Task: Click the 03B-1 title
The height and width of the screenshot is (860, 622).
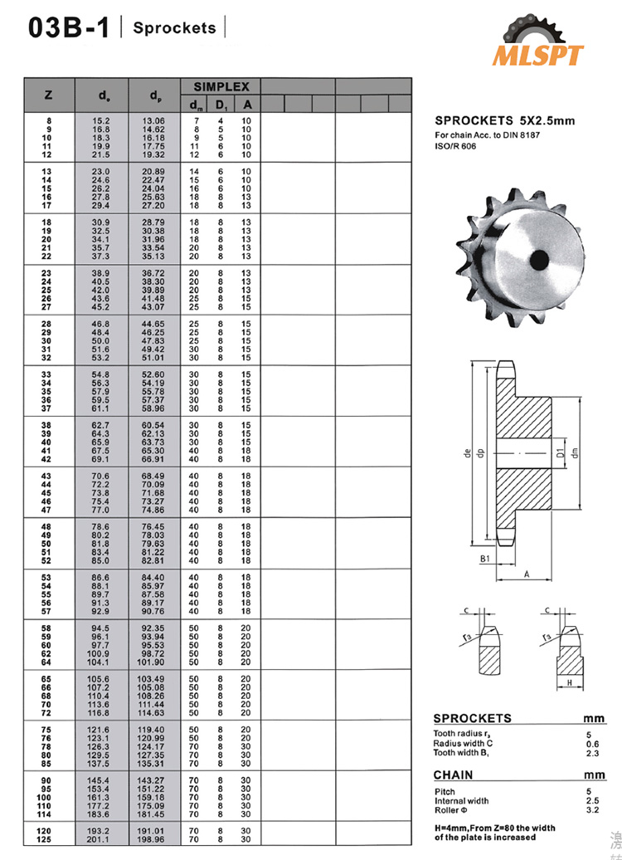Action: coord(68,29)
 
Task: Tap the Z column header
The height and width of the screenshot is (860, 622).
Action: coord(48,95)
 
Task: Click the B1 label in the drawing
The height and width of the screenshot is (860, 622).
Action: coord(484,559)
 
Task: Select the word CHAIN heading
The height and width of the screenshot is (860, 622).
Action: coord(459,775)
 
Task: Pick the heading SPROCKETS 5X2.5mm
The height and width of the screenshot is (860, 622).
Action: coord(504,121)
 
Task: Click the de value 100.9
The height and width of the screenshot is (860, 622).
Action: coord(100,654)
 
